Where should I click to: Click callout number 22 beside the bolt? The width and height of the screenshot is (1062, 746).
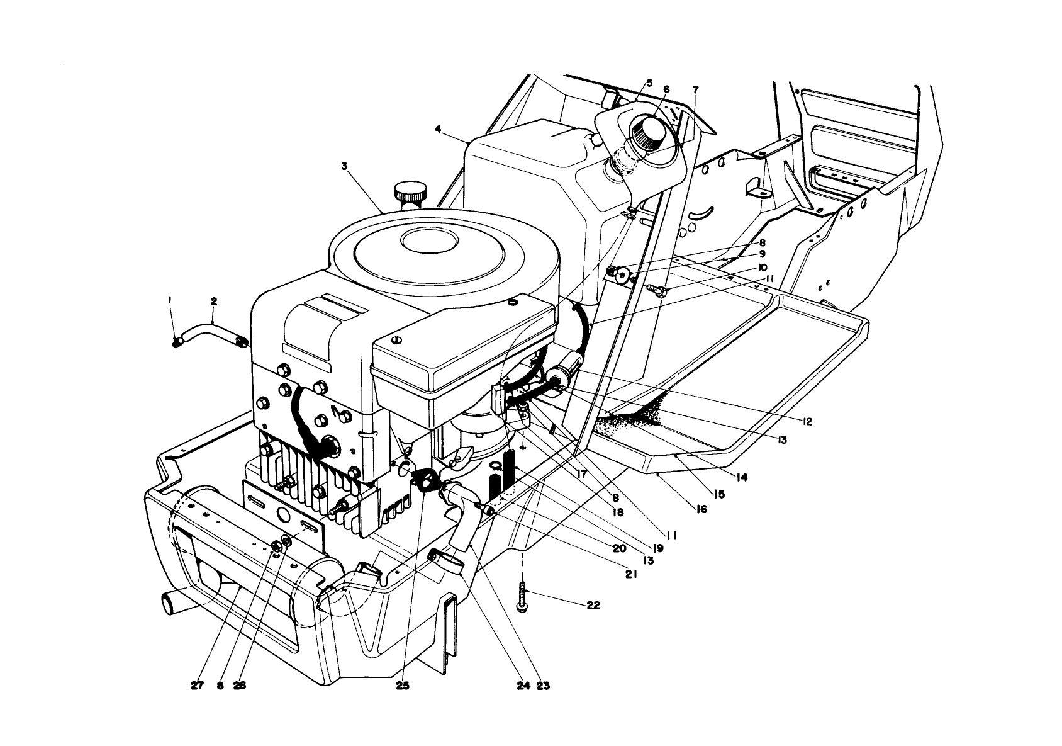click(x=593, y=606)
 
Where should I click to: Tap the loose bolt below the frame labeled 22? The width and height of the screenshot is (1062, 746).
click(x=522, y=596)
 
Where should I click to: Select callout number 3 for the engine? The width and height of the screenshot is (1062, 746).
click(x=344, y=167)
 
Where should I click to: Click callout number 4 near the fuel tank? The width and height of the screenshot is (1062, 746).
click(x=438, y=129)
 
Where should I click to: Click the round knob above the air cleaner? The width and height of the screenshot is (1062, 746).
click(x=410, y=190)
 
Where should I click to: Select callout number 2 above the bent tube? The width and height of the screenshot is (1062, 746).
click(x=214, y=302)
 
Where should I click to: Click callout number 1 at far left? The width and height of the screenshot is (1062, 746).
click(x=170, y=302)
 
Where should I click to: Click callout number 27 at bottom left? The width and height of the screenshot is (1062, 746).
click(x=197, y=686)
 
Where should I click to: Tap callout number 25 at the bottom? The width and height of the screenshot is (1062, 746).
click(x=403, y=686)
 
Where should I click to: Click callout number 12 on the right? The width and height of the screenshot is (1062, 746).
click(x=807, y=421)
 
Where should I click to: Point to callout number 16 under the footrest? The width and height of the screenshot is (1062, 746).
click(x=701, y=509)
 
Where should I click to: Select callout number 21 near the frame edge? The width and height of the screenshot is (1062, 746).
click(x=632, y=574)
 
